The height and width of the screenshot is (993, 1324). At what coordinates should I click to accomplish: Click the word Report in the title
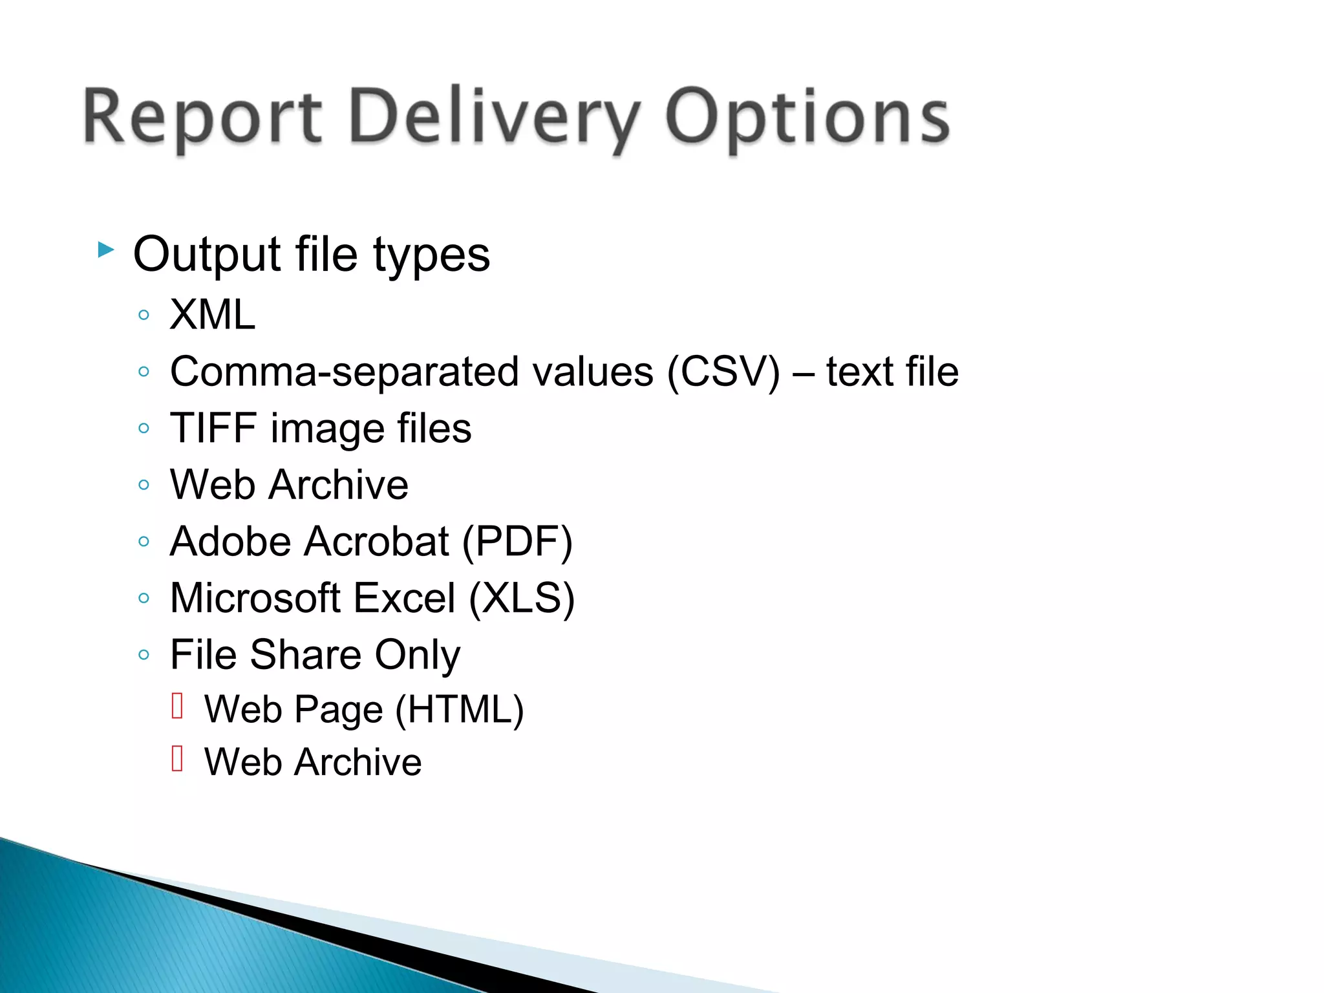[x=202, y=118]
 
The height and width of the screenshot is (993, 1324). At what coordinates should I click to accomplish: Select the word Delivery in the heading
[x=494, y=118]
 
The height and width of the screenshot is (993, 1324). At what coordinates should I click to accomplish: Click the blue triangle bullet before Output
[x=106, y=250]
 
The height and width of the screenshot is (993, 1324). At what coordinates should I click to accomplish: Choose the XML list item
[x=212, y=315]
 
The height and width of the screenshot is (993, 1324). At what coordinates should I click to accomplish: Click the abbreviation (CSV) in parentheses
[x=723, y=372]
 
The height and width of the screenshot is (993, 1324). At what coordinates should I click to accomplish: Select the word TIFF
[x=213, y=428]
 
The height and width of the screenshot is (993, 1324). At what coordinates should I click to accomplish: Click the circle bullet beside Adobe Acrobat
[x=144, y=541]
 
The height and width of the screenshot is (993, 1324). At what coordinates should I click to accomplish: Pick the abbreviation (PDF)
[x=517, y=541]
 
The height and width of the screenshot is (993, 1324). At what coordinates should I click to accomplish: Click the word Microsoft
[x=255, y=598]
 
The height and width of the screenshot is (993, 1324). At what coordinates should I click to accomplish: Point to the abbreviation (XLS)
[x=522, y=598]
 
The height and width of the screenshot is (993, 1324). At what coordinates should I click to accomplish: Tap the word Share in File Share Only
[x=306, y=654]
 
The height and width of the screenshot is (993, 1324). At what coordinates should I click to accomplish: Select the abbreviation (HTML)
[x=460, y=709]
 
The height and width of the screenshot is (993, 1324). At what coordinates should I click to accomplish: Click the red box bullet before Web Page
[x=178, y=705]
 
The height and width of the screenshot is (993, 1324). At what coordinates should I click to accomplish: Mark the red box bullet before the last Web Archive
[x=178, y=758]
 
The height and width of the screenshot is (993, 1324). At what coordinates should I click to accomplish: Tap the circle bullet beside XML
[x=144, y=315]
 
